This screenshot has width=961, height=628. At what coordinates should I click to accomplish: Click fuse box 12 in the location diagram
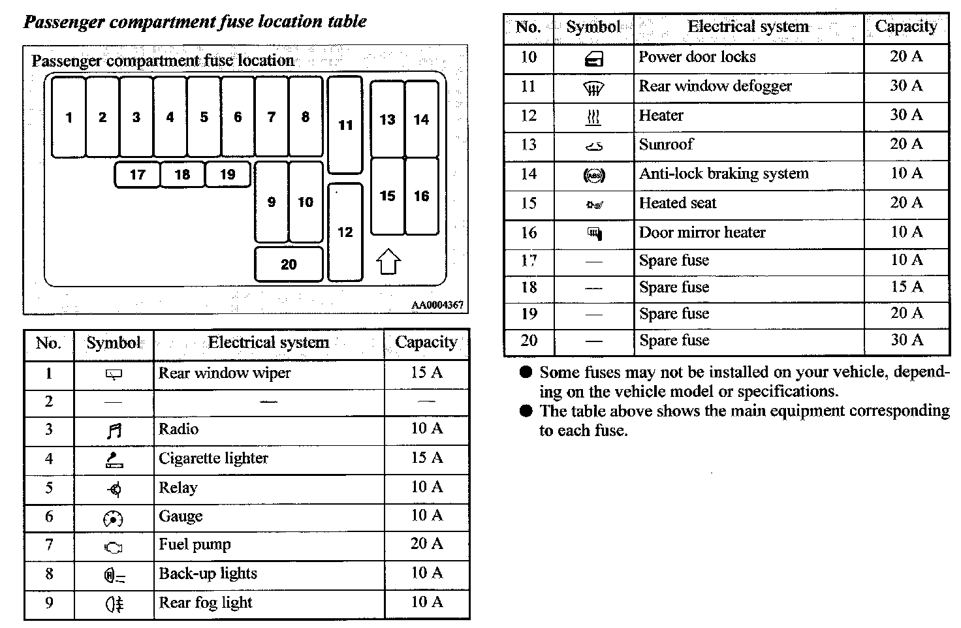(x=345, y=232)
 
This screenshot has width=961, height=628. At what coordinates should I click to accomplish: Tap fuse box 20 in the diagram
(x=289, y=264)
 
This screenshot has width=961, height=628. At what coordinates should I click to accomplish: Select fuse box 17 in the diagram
(x=137, y=175)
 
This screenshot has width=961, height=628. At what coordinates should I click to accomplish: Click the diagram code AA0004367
(x=437, y=305)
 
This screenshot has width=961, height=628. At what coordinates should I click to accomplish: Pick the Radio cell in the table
(x=179, y=430)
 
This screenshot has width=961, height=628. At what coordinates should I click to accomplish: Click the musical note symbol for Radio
(x=114, y=431)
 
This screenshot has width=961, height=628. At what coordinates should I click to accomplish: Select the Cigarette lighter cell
(x=213, y=458)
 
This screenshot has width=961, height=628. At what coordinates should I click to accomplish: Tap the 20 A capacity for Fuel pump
(x=427, y=544)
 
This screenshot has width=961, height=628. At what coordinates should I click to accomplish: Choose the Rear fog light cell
(x=206, y=603)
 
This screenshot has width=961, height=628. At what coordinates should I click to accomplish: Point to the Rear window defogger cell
(x=715, y=86)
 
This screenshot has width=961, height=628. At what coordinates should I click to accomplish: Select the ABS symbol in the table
(x=593, y=175)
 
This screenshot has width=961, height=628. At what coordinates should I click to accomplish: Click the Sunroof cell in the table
(x=666, y=144)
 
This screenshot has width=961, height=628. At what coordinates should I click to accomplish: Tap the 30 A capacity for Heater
(x=906, y=115)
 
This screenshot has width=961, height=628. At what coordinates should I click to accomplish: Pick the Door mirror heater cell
(x=702, y=232)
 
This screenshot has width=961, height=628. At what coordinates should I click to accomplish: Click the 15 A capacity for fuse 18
(x=906, y=287)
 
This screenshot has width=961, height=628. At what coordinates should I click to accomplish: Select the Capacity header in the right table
(x=906, y=27)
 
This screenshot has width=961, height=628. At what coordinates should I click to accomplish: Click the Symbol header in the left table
(x=114, y=343)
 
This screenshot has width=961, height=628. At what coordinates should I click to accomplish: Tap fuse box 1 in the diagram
(x=69, y=118)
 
